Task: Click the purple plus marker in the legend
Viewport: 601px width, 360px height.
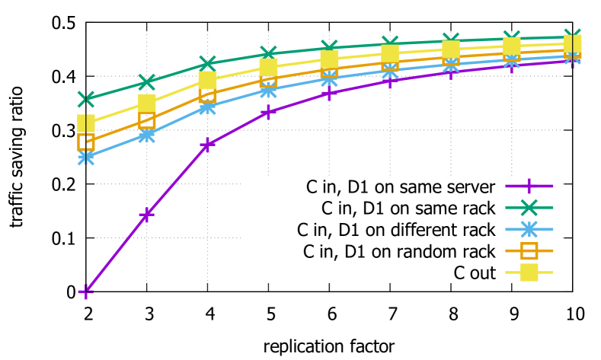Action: [529, 186]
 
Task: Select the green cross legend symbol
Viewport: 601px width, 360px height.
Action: [529, 207]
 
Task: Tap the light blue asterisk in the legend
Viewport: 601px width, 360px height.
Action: [529, 229]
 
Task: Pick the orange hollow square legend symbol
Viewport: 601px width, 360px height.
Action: [529, 250]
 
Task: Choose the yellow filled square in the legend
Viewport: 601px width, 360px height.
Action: [529, 272]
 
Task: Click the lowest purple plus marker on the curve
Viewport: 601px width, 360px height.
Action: [86, 292]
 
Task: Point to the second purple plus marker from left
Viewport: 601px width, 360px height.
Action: [147, 215]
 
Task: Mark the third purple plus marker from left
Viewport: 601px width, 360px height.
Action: [207, 145]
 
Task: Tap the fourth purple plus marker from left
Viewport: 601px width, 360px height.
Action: [268, 112]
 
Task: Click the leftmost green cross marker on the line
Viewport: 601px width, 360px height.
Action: [86, 99]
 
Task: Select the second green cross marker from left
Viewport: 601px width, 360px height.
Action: [147, 81]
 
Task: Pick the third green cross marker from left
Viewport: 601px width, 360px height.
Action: [207, 63]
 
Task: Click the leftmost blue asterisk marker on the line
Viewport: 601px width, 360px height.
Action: [86, 158]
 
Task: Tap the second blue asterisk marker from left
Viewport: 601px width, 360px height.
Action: [147, 135]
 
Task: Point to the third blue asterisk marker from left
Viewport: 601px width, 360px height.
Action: [207, 107]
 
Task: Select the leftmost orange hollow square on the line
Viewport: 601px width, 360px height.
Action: [86, 142]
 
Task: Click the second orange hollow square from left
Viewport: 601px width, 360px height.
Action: [147, 120]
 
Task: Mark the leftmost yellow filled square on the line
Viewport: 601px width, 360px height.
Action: [86, 123]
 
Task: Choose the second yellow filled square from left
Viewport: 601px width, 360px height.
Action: [147, 104]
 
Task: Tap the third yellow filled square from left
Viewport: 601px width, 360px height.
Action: [207, 80]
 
